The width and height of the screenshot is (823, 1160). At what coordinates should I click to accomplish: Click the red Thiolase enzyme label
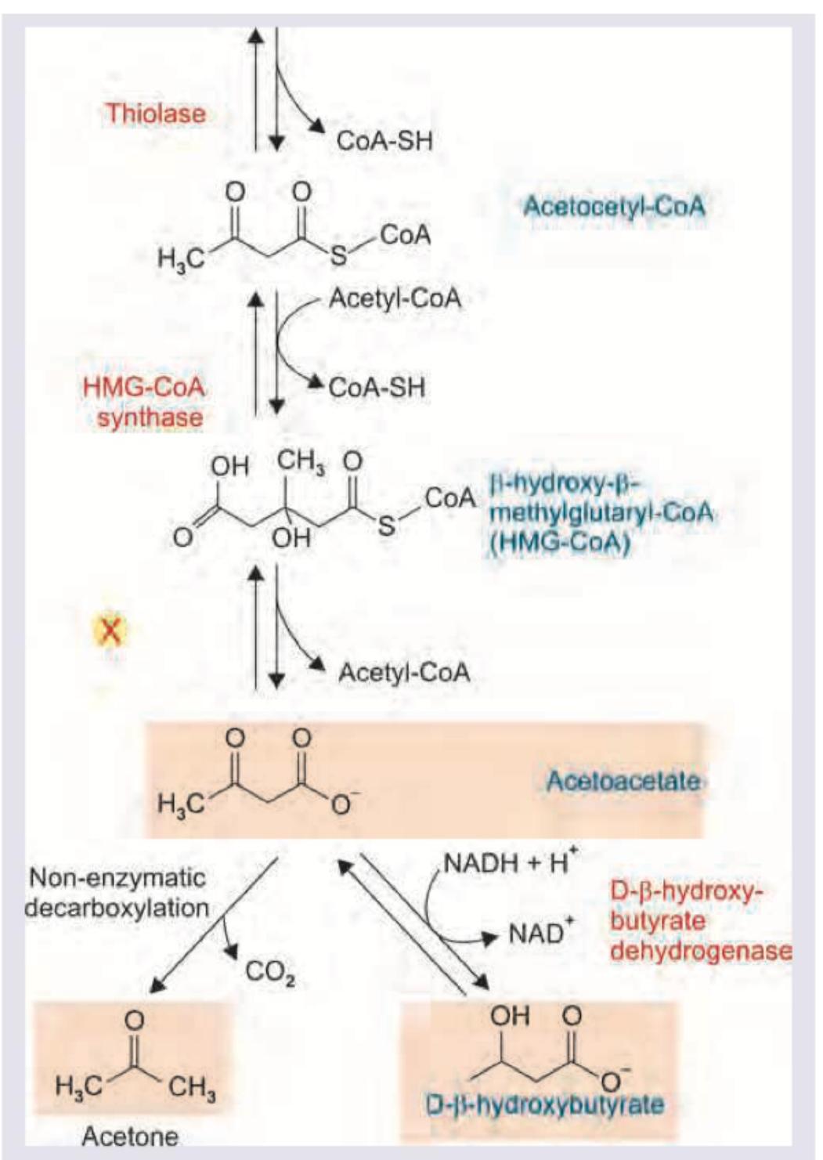pyautogui.click(x=155, y=114)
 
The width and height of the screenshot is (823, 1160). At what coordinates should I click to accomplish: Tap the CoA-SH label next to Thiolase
pyautogui.click(x=384, y=141)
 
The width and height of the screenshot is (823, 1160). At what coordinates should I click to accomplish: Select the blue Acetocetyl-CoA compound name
pyautogui.click(x=614, y=207)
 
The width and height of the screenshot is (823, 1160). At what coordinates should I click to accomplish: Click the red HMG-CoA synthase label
pyautogui.click(x=145, y=402)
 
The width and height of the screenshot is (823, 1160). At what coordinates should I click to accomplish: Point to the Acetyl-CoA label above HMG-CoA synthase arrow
pyautogui.click(x=395, y=298)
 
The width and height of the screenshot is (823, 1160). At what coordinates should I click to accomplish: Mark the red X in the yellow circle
pyautogui.click(x=111, y=630)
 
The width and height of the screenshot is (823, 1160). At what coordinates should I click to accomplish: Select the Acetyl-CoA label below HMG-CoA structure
pyautogui.click(x=404, y=672)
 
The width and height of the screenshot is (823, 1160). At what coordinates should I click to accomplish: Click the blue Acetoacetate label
pyautogui.click(x=623, y=781)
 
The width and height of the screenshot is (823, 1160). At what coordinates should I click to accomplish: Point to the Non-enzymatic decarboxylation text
pyautogui.click(x=117, y=893)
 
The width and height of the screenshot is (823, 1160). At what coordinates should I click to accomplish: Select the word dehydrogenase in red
pyautogui.click(x=700, y=952)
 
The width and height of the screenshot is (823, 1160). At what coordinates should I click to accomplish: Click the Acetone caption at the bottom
pyautogui.click(x=130, y=1136)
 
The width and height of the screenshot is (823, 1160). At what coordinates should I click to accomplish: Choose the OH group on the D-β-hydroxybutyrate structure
pyautogui.click(x=510, y=1016)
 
